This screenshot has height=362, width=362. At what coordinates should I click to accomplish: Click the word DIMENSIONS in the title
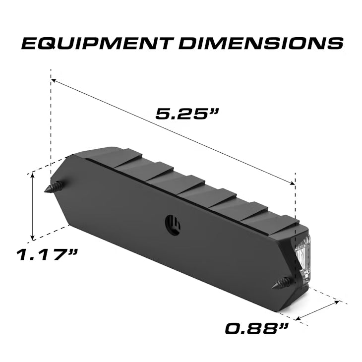tap(261, 43)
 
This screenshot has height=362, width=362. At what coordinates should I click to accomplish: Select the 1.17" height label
tap(48, 255)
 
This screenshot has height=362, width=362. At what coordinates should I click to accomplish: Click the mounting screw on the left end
tap(56, 187)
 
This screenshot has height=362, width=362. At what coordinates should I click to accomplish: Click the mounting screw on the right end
tap(284, 283)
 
